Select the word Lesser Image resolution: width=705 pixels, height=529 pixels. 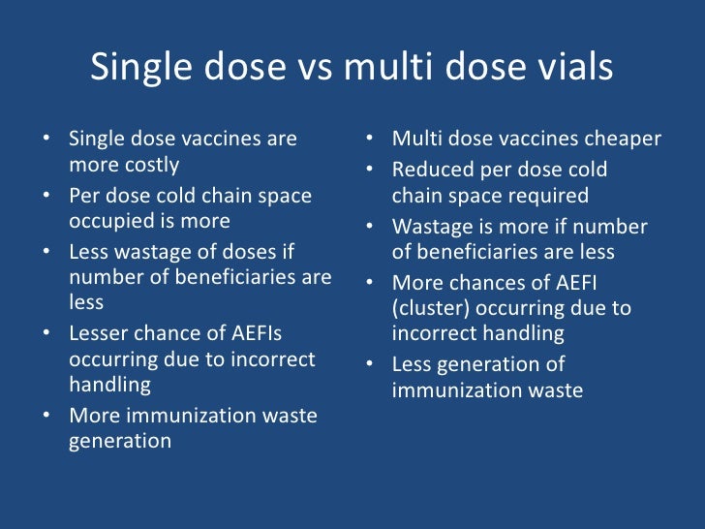(x=101, y=333)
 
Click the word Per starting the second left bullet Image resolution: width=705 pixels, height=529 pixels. (x=85, y=196)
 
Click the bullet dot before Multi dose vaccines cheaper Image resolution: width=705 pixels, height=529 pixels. (x=370, y=140)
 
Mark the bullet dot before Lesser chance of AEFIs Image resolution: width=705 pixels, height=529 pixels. (x=46, y=333)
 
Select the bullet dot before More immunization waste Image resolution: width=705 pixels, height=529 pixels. (x=46, y=417)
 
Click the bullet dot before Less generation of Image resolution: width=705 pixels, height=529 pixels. (x=370, y=365)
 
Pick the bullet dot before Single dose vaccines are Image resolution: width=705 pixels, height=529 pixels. (x=46, y=140)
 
